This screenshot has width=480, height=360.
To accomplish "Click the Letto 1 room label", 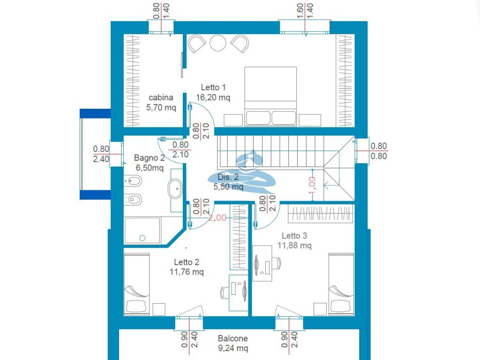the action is pos(213,87).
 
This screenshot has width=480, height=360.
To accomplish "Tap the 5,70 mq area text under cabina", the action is pos(161,107).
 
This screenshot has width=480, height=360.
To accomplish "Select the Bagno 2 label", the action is pos(150,157).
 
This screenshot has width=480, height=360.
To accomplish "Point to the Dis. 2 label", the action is pos(228,177).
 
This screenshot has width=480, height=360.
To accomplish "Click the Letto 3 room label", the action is pos(294,235).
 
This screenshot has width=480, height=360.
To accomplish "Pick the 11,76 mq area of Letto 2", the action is pos(187,271).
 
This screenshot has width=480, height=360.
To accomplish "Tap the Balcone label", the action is pos(232,338).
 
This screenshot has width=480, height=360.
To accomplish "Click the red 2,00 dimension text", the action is pos(217,217).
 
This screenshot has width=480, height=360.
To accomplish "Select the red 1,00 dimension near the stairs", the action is pos(312,185).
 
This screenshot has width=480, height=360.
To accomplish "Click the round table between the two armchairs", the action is pos(218,43).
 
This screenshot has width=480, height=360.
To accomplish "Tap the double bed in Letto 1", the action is pos(270,96).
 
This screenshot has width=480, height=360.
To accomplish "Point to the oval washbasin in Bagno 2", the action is pos(175,189).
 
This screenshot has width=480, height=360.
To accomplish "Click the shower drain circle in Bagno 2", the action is pos(142,238).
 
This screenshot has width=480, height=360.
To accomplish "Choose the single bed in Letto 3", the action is pos(341,284).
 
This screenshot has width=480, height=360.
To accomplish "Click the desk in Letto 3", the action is pos(262,263).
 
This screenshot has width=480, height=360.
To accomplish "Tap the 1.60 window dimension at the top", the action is pos(300,11).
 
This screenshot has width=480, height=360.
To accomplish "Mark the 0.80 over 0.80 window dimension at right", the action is pos(379,151).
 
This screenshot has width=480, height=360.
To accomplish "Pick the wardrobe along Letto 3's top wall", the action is pos(320,214).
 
